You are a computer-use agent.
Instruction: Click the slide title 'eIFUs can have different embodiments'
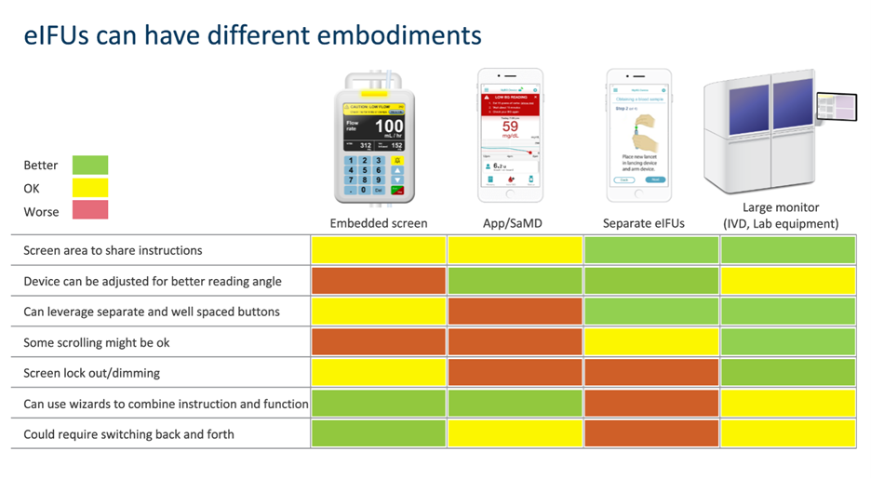pos(252,36)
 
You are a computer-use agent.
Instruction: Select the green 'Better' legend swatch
pos(89,166)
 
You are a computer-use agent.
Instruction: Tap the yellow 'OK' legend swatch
pos(89,189)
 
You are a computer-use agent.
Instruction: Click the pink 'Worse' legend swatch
pos(89,211)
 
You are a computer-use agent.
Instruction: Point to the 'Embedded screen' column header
pos(379,223)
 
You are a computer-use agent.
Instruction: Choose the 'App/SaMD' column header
pos(516,223)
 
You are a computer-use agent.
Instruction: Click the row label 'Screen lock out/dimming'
pos(91,373)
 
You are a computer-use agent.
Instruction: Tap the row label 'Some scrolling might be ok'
pos(97,342)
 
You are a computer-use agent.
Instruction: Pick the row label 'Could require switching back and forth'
pos(128,434)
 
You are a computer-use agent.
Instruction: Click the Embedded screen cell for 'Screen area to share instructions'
pos(379,250)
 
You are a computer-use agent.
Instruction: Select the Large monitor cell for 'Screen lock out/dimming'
pos(787,373)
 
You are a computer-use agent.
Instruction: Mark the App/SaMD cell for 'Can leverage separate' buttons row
pos(516,312)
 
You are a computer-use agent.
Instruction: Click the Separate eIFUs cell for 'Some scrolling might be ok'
pos(651,342)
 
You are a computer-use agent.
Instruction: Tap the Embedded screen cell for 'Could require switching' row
pos(379,434)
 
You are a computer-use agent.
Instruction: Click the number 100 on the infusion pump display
pos(388,126)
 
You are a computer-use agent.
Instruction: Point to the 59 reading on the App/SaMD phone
pos(510,126)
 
